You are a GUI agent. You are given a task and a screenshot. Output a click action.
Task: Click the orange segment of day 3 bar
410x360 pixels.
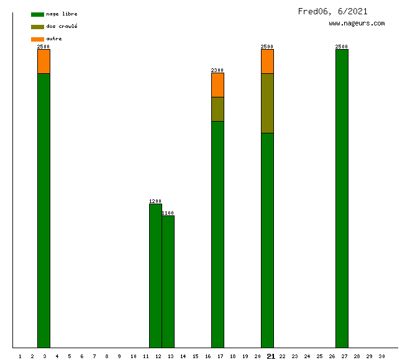point(43,61)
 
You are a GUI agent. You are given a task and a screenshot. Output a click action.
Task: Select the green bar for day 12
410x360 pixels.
point(155,276)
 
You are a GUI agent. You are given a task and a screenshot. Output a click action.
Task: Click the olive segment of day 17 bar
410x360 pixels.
point(217,109)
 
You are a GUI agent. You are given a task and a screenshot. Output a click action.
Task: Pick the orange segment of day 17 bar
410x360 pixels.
point(217,85)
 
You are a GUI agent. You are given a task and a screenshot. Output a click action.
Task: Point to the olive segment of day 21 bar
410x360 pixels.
point(267,103)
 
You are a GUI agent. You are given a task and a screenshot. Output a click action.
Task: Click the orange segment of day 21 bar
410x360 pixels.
point(267,61)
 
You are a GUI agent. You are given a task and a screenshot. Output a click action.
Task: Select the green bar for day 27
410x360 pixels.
point(342,199)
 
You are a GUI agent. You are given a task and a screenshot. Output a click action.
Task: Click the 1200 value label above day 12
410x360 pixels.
point(155,201)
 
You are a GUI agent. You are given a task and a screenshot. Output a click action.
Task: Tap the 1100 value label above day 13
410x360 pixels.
point(168,213)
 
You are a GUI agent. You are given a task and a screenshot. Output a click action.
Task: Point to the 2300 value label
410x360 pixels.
point(217,70)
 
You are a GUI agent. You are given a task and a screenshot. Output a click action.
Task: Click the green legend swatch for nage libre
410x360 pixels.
point(37,14)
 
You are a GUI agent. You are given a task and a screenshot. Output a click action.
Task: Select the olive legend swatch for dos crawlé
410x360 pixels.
point(37,27)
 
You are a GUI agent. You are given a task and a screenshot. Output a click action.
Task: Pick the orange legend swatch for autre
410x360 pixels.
point(37,39)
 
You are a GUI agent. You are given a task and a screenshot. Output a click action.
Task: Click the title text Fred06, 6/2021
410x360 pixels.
point(332,11)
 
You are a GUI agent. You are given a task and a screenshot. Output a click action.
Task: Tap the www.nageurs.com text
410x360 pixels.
point(357,24)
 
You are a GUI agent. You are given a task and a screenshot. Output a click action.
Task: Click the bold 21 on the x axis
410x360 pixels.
point(270,356)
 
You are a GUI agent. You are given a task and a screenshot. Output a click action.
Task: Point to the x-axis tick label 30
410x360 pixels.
point(381,356)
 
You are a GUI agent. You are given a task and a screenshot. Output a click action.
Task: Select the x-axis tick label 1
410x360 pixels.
point(20,356)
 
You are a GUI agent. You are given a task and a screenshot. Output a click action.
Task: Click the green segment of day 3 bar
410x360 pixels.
point(43,211)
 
